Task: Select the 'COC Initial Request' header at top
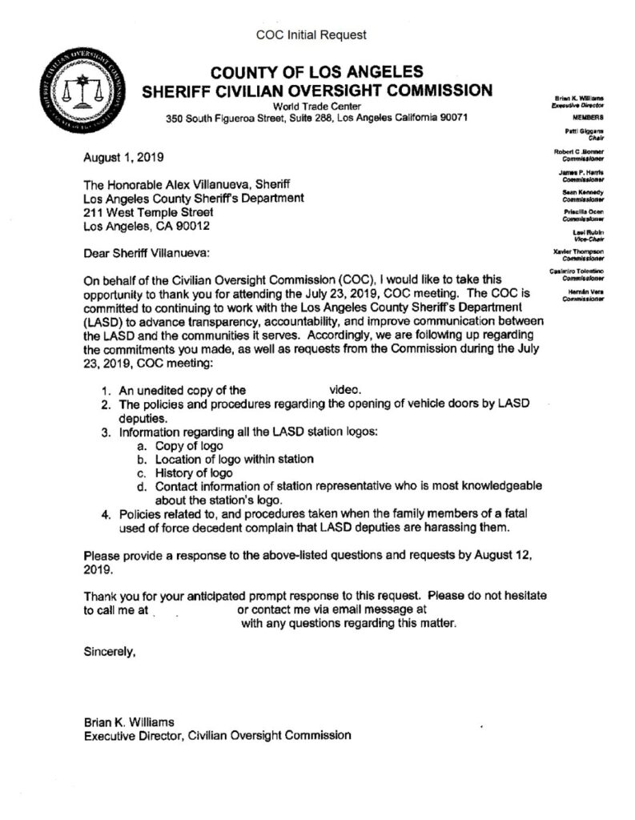coord(311,34)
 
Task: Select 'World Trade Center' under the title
coord(316,107)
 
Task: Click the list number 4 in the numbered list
coord(106,514)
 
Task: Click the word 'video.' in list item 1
coord(347,390)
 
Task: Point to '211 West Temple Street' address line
coord(149,213)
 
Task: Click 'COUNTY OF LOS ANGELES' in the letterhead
coord(316,71)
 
